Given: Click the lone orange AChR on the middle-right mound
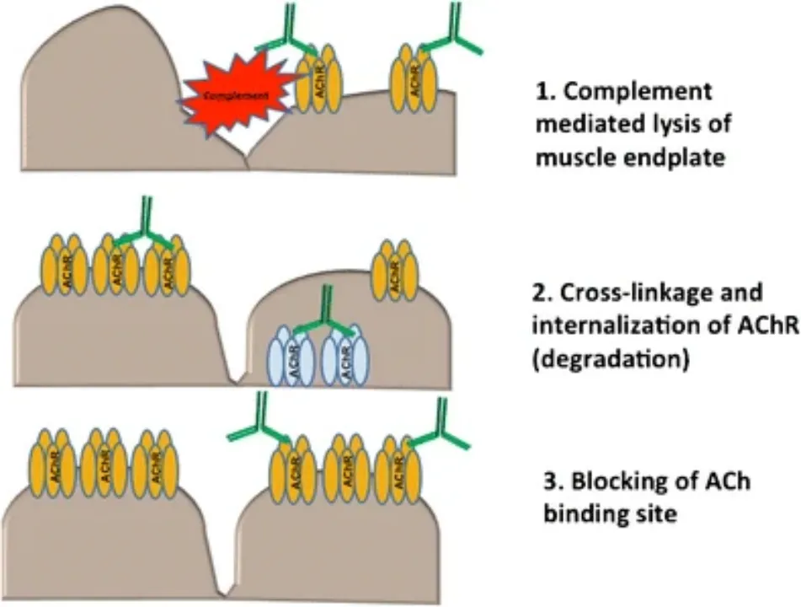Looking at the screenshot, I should (x=396, y=270).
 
